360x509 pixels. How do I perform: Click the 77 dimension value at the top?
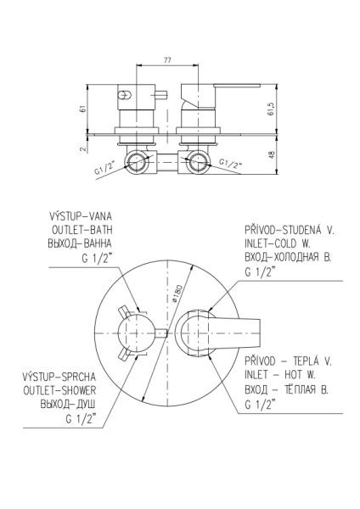[x=167, y=60]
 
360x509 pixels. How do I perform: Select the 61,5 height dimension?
[x=272, y=109]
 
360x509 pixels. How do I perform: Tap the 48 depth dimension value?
[x=272, y=154]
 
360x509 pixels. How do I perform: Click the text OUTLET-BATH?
[x=82, y=230]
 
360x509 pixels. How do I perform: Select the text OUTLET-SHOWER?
[x=59, y=390]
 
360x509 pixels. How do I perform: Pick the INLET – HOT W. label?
[x=280, y=375]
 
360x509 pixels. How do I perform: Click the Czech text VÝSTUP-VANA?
[x=81, y=215]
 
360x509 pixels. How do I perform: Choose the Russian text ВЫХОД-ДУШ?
[x=68, y=404]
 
